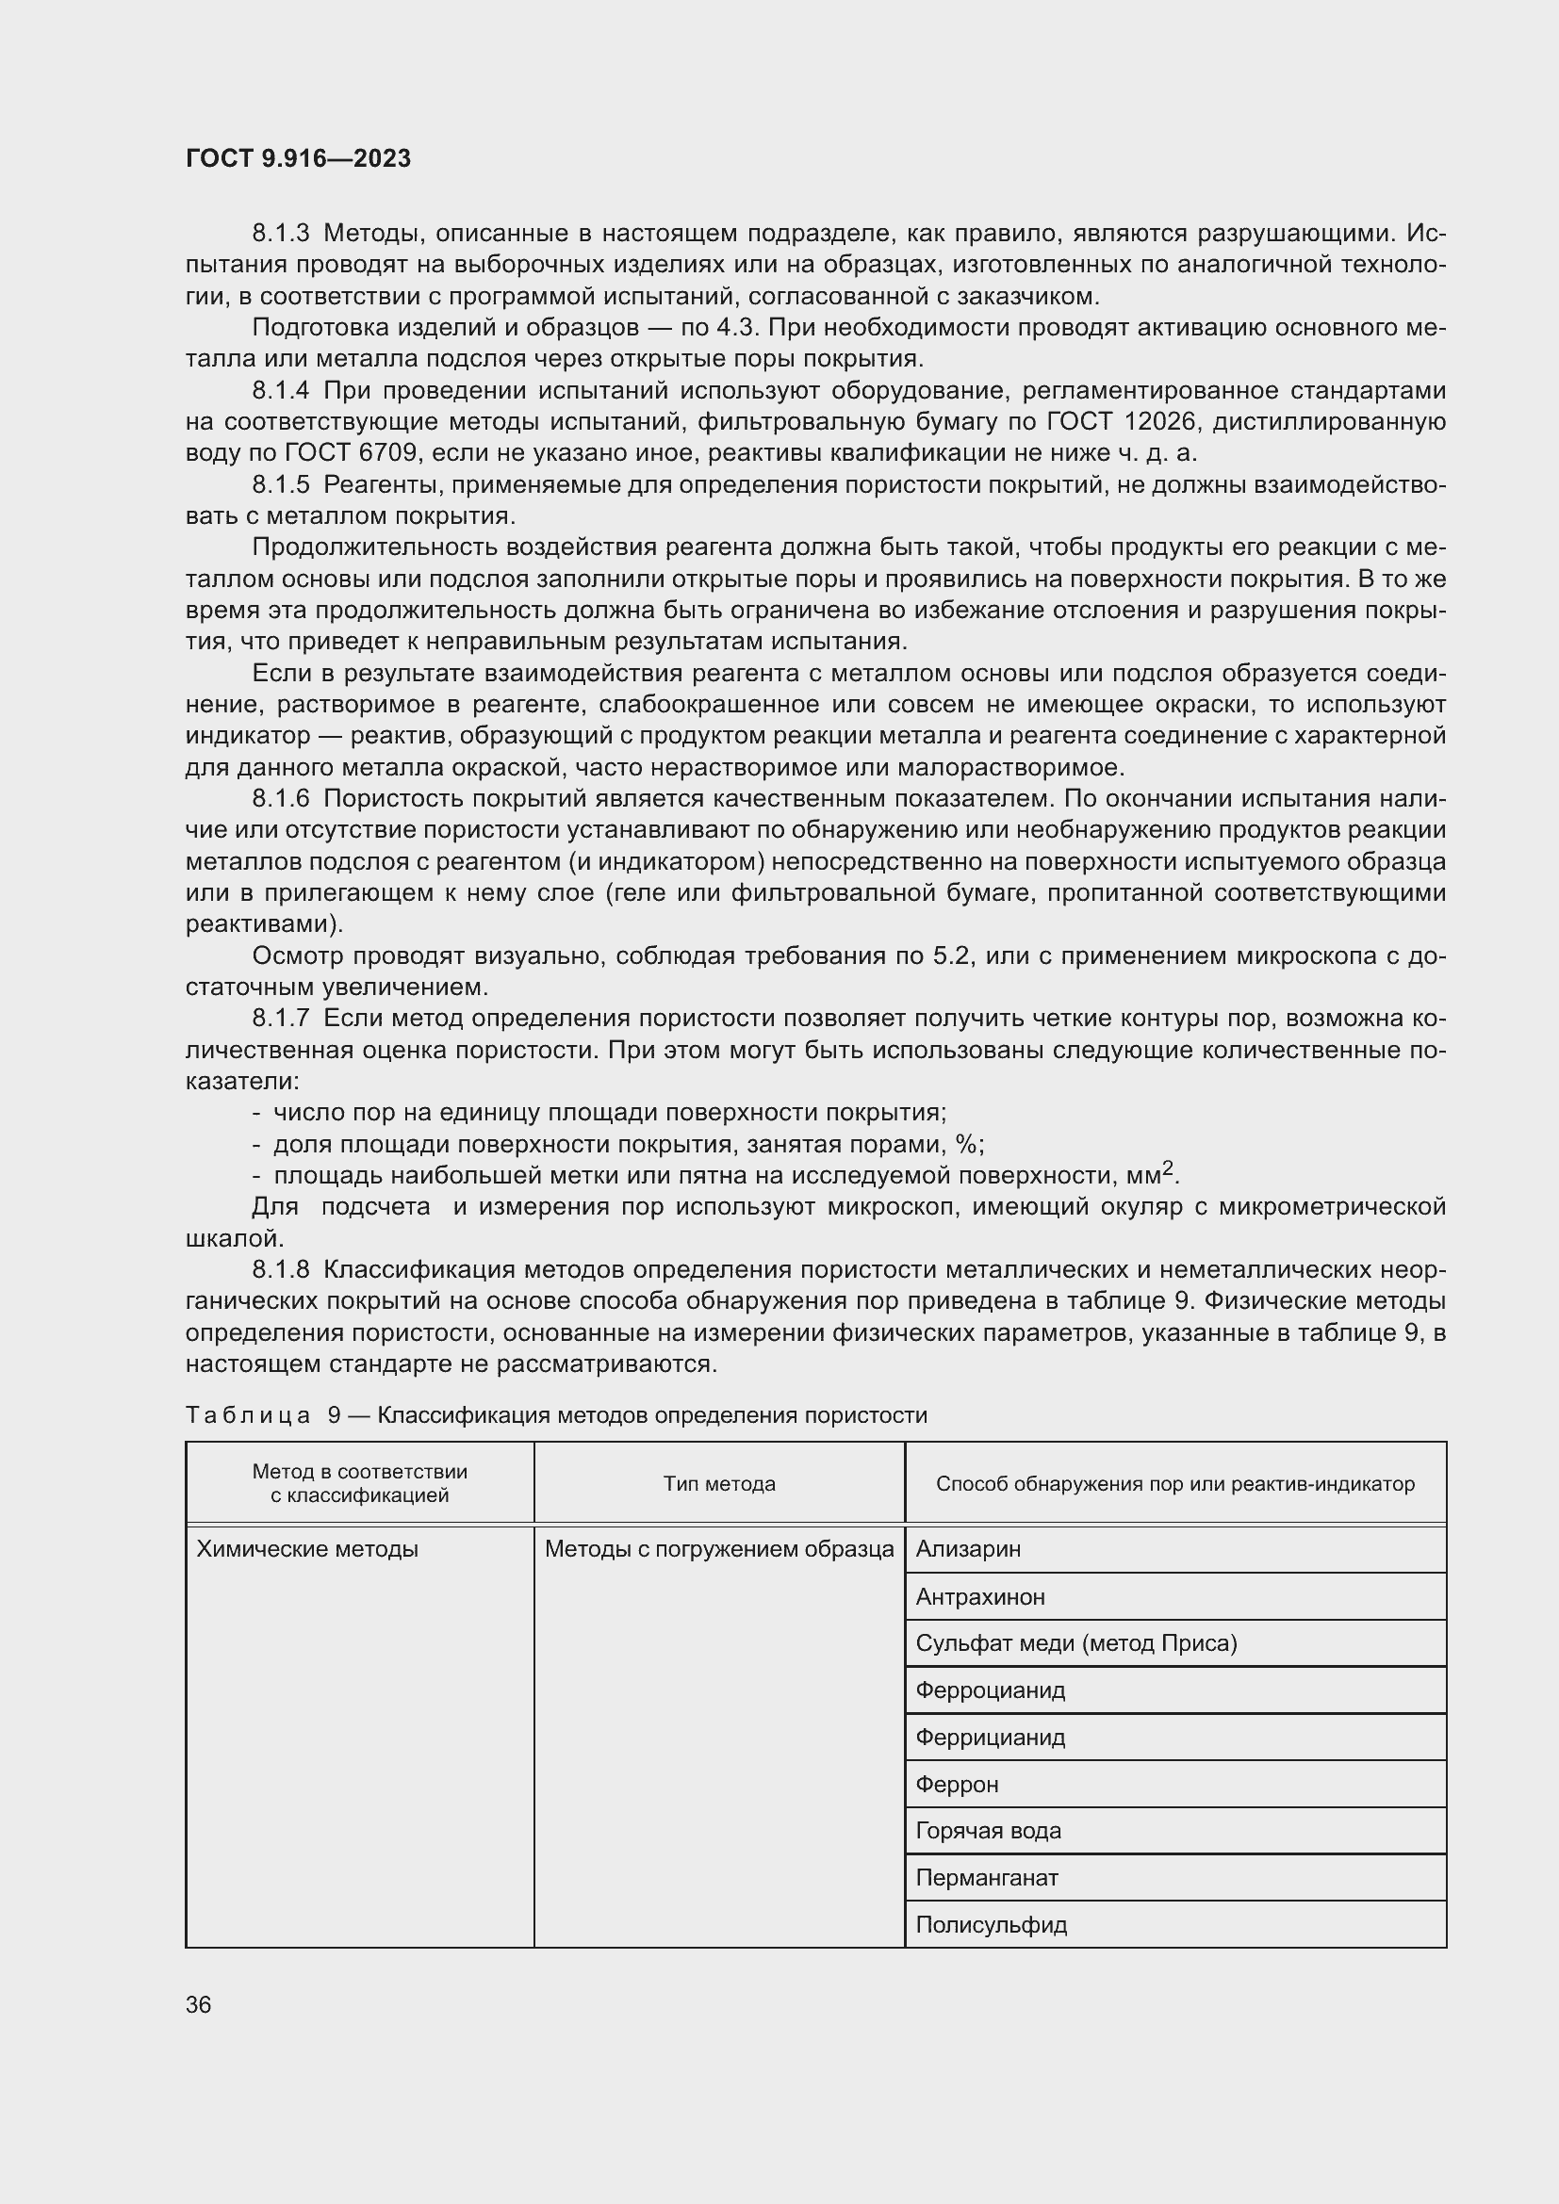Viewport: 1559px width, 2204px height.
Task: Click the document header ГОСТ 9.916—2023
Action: (298, 158)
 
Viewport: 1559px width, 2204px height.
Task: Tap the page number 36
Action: (199, 2004)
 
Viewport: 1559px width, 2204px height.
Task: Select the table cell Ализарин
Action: (968, 1548)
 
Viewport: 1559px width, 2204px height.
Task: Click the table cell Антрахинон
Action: (980, 1596)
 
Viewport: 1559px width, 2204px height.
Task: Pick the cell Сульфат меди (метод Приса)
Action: (1076, 1643)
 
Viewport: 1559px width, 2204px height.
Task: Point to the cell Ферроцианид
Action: (990, 1690)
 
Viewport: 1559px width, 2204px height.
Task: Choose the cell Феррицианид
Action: (990, 1738)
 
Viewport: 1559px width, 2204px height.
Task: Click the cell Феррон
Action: (957, 1785)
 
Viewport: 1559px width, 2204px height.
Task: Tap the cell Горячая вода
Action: (988, 1831)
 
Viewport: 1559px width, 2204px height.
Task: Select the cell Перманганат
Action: (987, 1878)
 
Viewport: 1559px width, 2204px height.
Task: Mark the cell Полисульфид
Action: (991, 1925)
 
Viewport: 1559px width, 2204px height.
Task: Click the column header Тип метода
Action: (719, 1484)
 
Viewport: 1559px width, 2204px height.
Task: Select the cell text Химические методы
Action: (307, 1548)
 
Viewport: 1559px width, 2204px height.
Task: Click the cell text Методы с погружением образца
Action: (719, 1548)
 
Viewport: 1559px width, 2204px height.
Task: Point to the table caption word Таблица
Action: (248, 1416)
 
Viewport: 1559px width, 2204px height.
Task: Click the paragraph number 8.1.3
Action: (280, 234)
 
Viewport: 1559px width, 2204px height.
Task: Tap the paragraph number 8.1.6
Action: (280, 799)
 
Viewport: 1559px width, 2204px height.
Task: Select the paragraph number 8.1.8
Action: (280, 1270)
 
